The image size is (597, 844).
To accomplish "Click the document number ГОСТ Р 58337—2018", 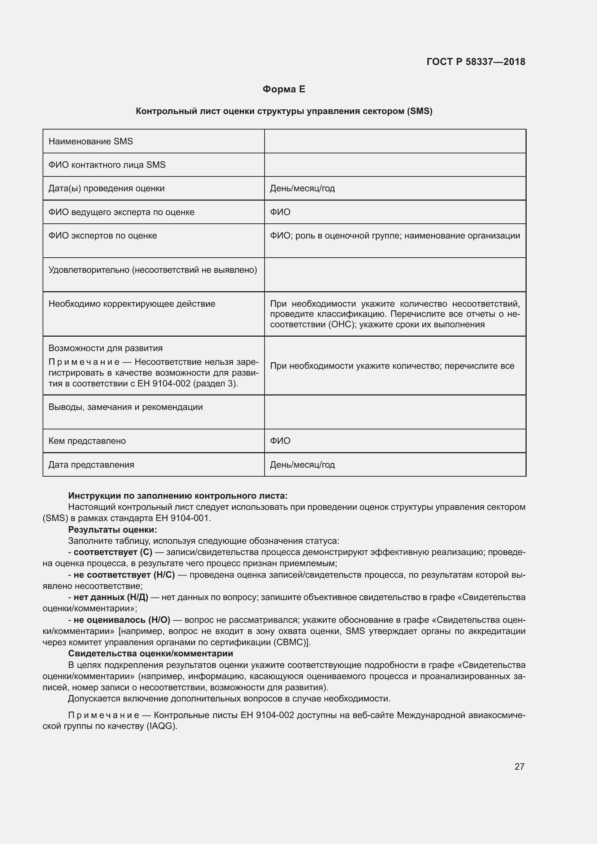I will [476, 62].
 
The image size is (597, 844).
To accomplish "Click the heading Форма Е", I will [284, 89].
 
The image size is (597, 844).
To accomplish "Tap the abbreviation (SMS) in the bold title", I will [419, 111].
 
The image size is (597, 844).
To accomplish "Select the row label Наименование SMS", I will [91, 141].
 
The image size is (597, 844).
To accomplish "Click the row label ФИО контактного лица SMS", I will [107, 165].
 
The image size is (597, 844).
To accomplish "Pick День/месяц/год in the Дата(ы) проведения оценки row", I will [302, 189].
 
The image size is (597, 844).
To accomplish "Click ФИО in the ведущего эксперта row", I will [280, 212].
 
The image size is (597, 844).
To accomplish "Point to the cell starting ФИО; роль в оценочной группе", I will [395, 236].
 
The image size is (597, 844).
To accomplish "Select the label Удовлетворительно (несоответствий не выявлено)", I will [153, 270].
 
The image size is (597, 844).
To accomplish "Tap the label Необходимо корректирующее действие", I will [132, 304].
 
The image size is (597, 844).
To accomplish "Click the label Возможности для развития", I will [105, 348].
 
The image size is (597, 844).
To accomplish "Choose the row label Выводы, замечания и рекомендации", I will [125, 407].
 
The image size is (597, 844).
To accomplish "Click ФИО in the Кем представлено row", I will [280, 441].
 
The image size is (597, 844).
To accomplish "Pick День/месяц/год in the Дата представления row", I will [302, 465].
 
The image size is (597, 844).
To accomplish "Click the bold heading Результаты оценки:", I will [113, 530].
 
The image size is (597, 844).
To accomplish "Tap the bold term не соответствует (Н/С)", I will [124, 575].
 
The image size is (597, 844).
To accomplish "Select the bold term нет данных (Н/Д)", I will [111, 597].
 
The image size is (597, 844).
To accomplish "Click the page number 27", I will [519, 766].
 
